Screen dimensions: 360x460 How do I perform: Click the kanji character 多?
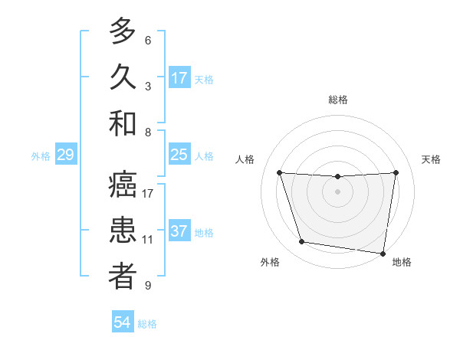[x=123, y=31]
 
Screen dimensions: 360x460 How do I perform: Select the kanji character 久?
[x=123, y=77]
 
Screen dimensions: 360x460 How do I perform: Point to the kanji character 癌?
[x=123, y=185]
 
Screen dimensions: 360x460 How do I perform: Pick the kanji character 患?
[x=123, y=231]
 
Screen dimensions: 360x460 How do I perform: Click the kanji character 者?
[x=123, y=277]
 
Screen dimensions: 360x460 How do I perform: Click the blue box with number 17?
[x=179, y=78]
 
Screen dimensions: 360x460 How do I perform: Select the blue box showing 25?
[x=179, y=155]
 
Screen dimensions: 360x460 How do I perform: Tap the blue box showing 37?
[x=179, y=231]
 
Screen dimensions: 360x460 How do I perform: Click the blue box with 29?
[x=65, y=155]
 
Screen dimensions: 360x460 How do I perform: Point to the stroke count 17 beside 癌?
[x=148, y=194]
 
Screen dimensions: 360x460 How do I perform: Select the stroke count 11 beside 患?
[x=148, y=240]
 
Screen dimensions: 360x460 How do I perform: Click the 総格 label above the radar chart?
[x=337, y=100]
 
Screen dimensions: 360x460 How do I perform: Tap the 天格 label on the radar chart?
[x=431, y=159]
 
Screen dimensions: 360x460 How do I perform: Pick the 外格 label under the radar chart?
[x=270, y=262]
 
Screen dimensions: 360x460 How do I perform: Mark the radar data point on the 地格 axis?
[x=383, y=253]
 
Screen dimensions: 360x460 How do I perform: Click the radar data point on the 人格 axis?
[x=279, y=173]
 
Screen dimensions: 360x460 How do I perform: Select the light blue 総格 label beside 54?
[x=147, y=324]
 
